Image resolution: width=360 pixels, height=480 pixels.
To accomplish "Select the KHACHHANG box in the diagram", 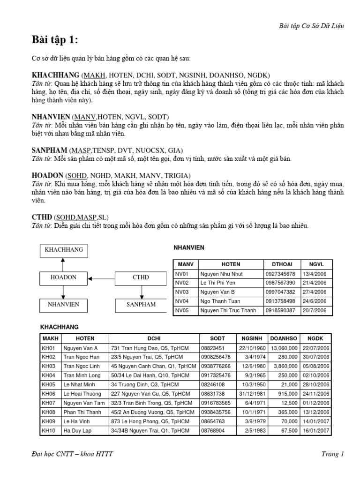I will pyautogui.click(x=64, y=250).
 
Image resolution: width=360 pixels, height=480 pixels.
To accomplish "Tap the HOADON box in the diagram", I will pyautogui.click(x=64, y=277).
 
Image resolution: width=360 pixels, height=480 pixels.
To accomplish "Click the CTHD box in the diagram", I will pyautogui.click(x=141, y=277).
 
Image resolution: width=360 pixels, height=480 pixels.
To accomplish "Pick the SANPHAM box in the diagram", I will pyautogui.click(x=141, y=305).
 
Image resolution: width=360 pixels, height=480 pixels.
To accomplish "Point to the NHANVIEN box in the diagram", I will pyautogui.click(x=64, y=305).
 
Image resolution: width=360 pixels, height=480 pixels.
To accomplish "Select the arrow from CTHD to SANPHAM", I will pyautogui.click(x=141, y=292).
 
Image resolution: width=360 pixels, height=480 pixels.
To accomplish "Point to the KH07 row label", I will pyautogui.click(x=49, y=403).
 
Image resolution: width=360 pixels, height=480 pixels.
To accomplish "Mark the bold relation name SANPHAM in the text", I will pyautogui.click(x=49, y=150).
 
